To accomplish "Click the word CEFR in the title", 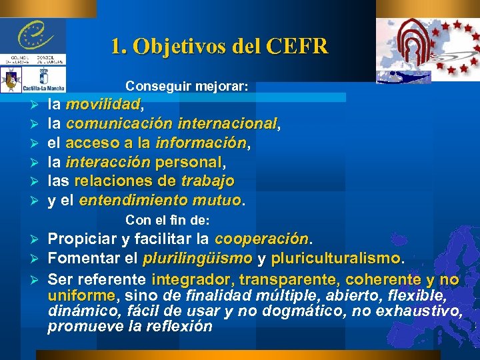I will [297, 47].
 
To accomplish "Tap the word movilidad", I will [103, 105].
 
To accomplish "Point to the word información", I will [201, 143].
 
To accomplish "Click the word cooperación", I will [262, 239].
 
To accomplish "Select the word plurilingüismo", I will [197, 258].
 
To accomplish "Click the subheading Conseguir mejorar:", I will [187, 87].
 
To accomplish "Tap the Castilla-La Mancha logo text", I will [44, 87].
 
